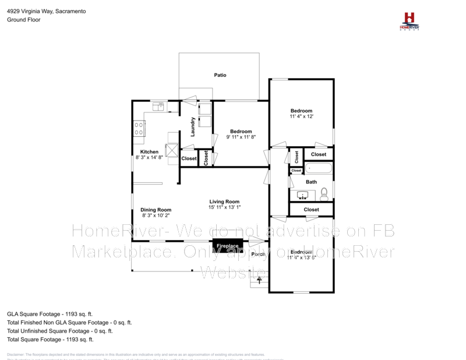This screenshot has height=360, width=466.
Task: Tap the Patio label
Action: (x=220, y=75)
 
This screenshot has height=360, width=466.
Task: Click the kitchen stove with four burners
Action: (x=139, y=128)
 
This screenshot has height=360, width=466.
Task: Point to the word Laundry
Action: (x=192, y=127)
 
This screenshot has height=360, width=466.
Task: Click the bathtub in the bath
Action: (x=319, y=169)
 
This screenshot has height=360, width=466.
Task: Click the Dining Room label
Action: (x=156, y=210)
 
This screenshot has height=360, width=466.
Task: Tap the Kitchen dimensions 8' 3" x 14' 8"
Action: (x=149, y=157)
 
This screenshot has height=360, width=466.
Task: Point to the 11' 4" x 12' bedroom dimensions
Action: (x=302, y=117)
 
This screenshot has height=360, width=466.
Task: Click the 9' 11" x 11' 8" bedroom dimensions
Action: (x=241, y=137)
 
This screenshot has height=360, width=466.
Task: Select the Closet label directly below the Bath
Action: (x=311, y=209)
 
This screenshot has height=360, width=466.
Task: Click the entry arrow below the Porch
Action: (x=259, y=280)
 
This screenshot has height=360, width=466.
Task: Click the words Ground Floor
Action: (x=23, y=19)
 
